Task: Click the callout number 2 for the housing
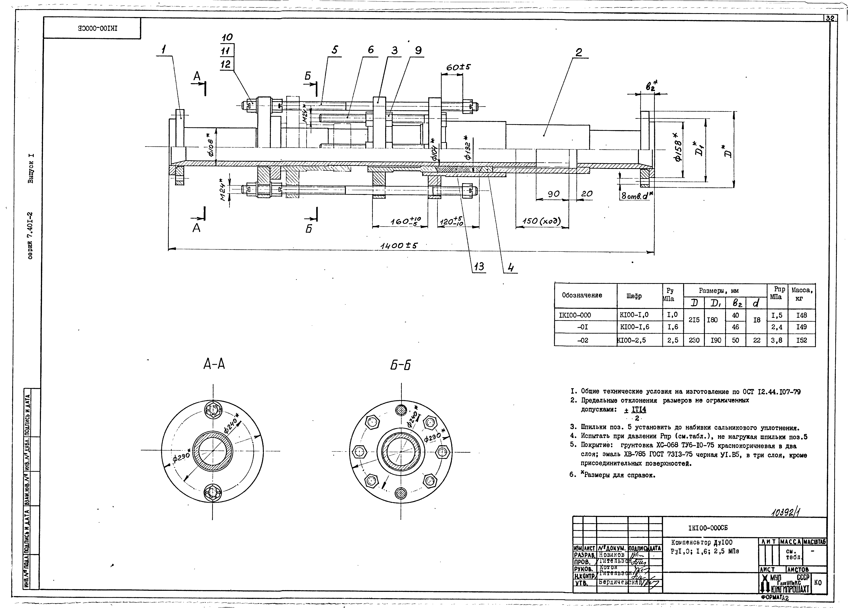578,52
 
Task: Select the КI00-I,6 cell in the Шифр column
635,327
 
